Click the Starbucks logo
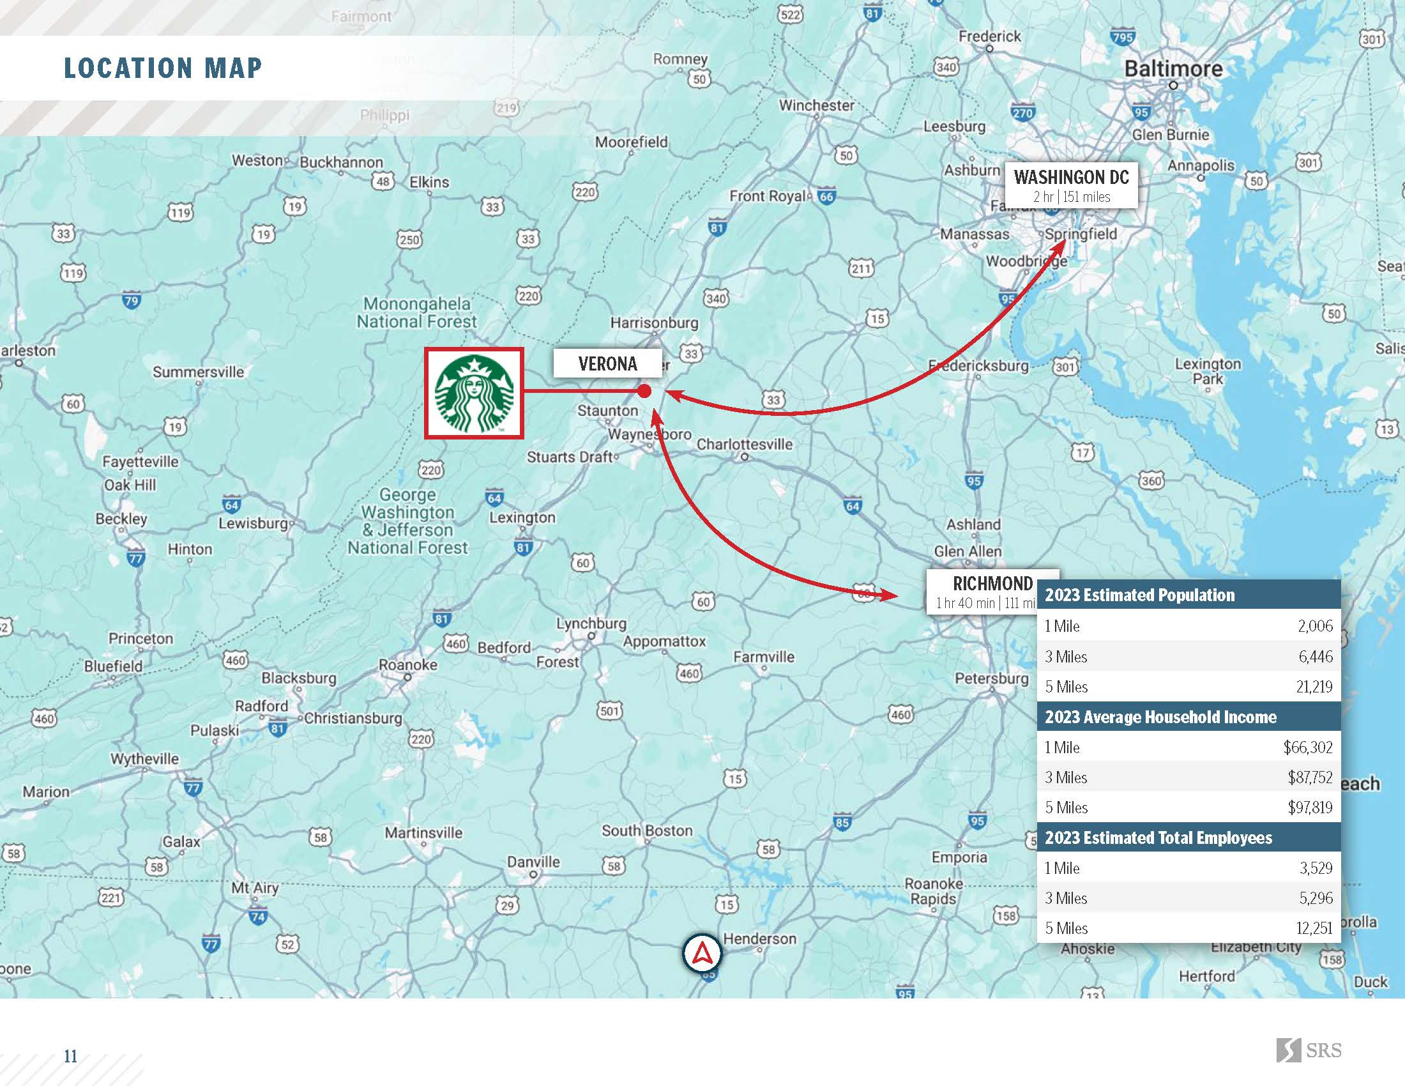pos(474,393)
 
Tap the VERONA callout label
pos(607,364)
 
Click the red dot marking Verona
pos(644,391)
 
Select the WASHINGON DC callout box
pos(1071,185)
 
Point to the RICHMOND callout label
pos(982,592)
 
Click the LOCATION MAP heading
pos(163,68)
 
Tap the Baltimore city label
pos(1173,69)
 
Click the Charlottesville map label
pos(744,445)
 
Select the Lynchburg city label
pos(591,623)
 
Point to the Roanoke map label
pos(408,665)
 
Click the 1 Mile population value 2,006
pos(1315,626)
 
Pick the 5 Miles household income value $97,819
pos(1310,807)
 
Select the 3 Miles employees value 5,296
pos(1316,898)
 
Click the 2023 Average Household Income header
pos(1160,717)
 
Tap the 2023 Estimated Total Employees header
pos(1158,837)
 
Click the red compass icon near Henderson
pos(702,954)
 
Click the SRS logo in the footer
pos(1309,1051)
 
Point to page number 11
pos(70,1056)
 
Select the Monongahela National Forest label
pos(417,312)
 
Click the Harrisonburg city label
pos(654,323)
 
